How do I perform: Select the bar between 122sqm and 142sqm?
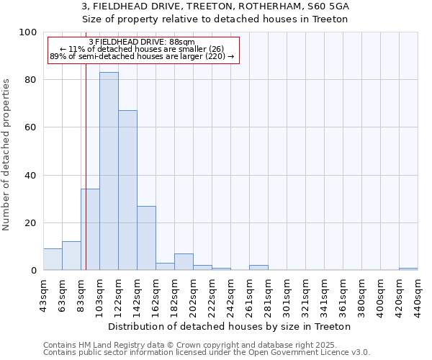tap(127, 191)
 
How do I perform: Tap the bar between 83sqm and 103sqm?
tap(90, 230)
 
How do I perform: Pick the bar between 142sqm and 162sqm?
tap(146, 238)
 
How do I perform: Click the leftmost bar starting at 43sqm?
tap(53, 260)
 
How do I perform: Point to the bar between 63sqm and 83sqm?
tap(71, 256)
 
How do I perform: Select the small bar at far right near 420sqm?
tap(408, 269)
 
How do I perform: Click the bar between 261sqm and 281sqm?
tap(258, 268)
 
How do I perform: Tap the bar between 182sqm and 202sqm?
tap(184, 262)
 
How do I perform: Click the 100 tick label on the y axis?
tap(29, 32)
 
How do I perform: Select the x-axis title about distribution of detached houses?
tap(229, 326)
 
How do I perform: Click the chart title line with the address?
tap(215, 6)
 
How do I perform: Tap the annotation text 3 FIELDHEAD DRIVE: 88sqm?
tap(141, 42)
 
